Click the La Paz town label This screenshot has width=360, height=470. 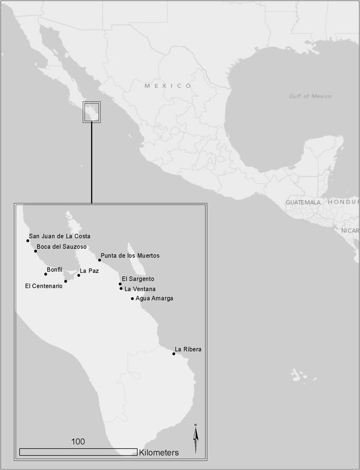(x=90, y=271)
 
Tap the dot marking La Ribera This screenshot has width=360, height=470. (x=174, y=354)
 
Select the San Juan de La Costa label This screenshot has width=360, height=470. (x=60, y=236)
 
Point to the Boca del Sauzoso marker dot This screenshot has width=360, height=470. (x=36, y=251)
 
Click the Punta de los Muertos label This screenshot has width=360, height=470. (x=130, y=256)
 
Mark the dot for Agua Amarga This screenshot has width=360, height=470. (x=132, y=299)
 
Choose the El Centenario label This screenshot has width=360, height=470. (x=44, y=286)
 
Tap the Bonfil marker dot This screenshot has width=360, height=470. (x=45, y=274)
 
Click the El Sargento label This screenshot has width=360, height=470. (x=138, y=279)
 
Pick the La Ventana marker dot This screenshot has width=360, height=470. (x=121, y=289)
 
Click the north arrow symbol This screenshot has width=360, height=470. (x=196, y=439)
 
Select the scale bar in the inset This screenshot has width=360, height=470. (x=78, y=451)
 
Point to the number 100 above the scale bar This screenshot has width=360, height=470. (x=78, y=441)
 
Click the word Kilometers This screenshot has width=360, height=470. (x=159, y=452)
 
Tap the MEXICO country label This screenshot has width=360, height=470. (x=168, y=85)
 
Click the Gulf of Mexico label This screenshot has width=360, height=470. (x=310, y=96)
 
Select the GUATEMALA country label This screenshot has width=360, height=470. (x=303, y=203)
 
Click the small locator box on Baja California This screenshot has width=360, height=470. (x=92, y=112)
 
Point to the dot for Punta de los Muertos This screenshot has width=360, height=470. (x=99, y=260)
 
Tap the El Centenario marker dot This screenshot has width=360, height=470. (x=65, y=281)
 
